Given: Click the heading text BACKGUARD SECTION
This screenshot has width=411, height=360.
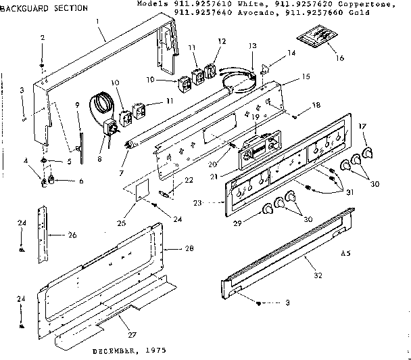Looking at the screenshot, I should tap(43, 8).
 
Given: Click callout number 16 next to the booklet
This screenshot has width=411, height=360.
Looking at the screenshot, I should tap(340, 58).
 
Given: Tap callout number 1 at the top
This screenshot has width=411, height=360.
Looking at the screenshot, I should tap(99, 21).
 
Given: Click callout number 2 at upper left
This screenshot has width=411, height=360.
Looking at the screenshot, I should tap(42, 37).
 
